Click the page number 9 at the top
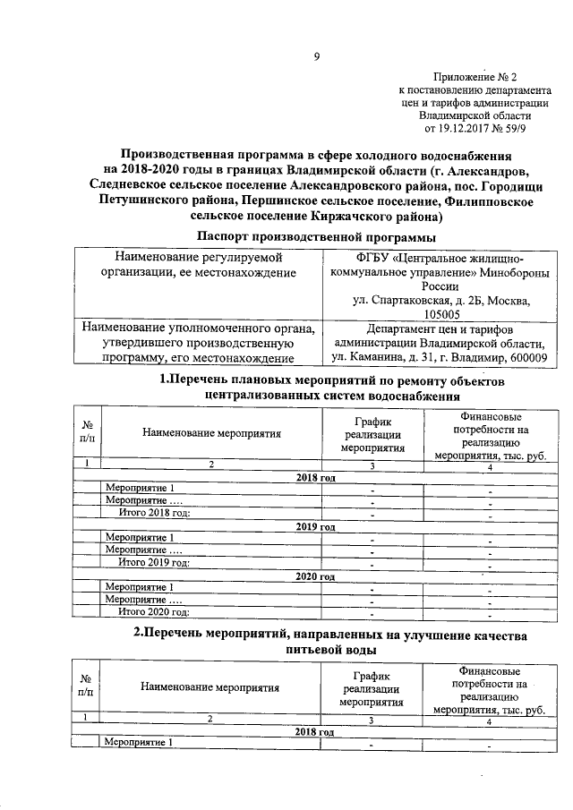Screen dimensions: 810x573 point(316,59)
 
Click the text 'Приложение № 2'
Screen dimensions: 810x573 point(475,78)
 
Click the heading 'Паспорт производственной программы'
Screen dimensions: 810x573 point(316,236)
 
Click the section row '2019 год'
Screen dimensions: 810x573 point(315,527)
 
